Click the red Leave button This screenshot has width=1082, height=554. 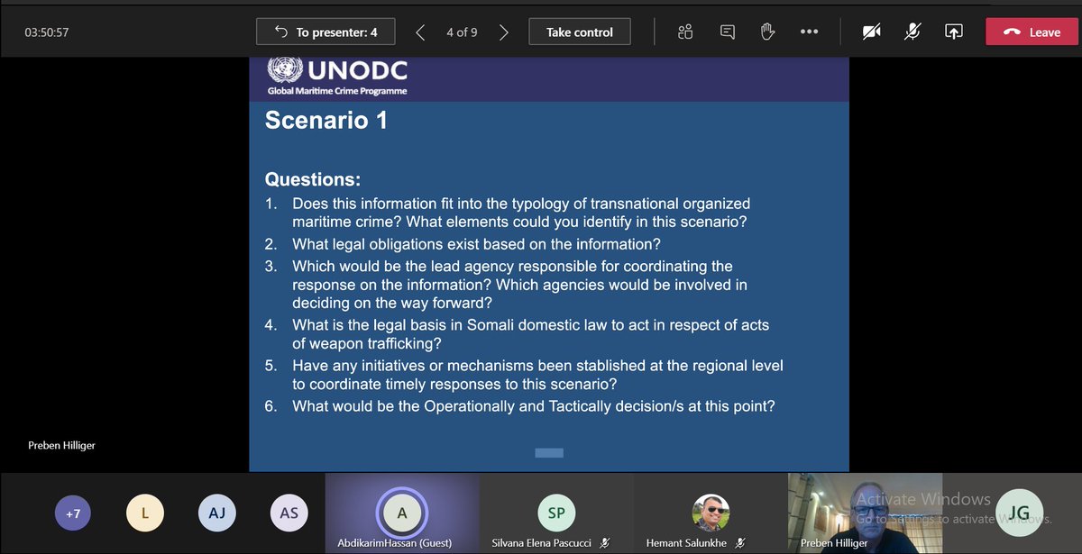(x=1032, y=32)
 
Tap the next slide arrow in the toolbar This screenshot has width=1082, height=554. (x=504, y=32)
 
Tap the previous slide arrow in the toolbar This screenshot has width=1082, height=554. (x=420, y=32)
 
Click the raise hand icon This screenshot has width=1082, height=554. (x=767, y=32)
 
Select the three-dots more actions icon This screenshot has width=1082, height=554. (x=809, y=32)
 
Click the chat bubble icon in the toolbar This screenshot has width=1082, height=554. (x=727, y=32)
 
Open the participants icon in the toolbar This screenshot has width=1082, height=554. (x=685, y=32)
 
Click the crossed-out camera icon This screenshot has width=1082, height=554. (x=871, y=32)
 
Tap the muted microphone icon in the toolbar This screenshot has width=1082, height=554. (x=912, y=32)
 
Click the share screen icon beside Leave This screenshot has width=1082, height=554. (x=953, y=32)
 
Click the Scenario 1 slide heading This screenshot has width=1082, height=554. (x=326, y=121)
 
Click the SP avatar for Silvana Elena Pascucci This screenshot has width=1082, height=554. (x=555, y=513)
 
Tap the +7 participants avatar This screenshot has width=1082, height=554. (x=73, y=513)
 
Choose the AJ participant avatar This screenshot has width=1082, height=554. (x=216, y=513)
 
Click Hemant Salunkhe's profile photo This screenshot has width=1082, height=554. (x=710, y=513)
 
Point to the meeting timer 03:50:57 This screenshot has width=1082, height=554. (x=47, y=32)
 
